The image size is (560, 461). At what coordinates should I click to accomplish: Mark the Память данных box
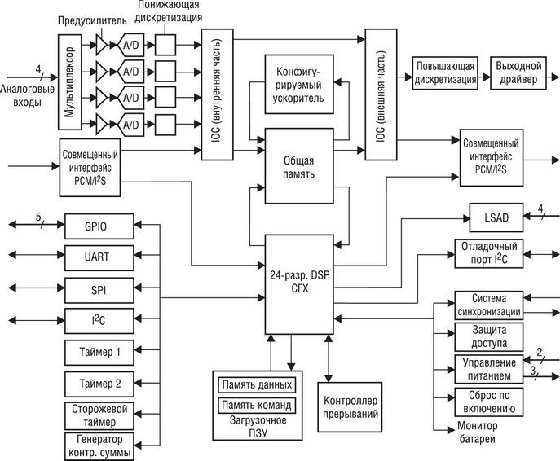coord(257,385)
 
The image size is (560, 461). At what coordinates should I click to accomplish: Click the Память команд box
coord(257,405)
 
